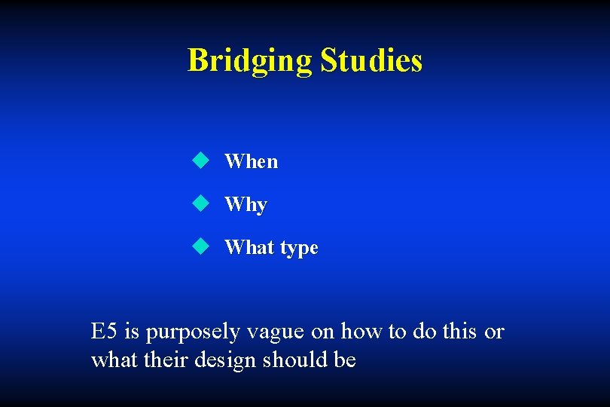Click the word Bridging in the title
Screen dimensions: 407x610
click(249, 61)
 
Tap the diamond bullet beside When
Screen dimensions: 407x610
click(200, 160)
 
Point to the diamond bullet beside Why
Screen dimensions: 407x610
click(200, 203)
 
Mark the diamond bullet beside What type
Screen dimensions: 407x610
click(200, 246)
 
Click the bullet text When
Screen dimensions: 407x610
click(251, 161)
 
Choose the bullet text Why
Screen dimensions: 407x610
click(246, 205)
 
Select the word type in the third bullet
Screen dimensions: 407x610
click(299, 249)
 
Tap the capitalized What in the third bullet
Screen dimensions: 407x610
click(249, 247)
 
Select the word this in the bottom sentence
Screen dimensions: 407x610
click(458, 331)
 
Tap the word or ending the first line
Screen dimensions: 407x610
click(494, 332)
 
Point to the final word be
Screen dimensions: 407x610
click(345, 360)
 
